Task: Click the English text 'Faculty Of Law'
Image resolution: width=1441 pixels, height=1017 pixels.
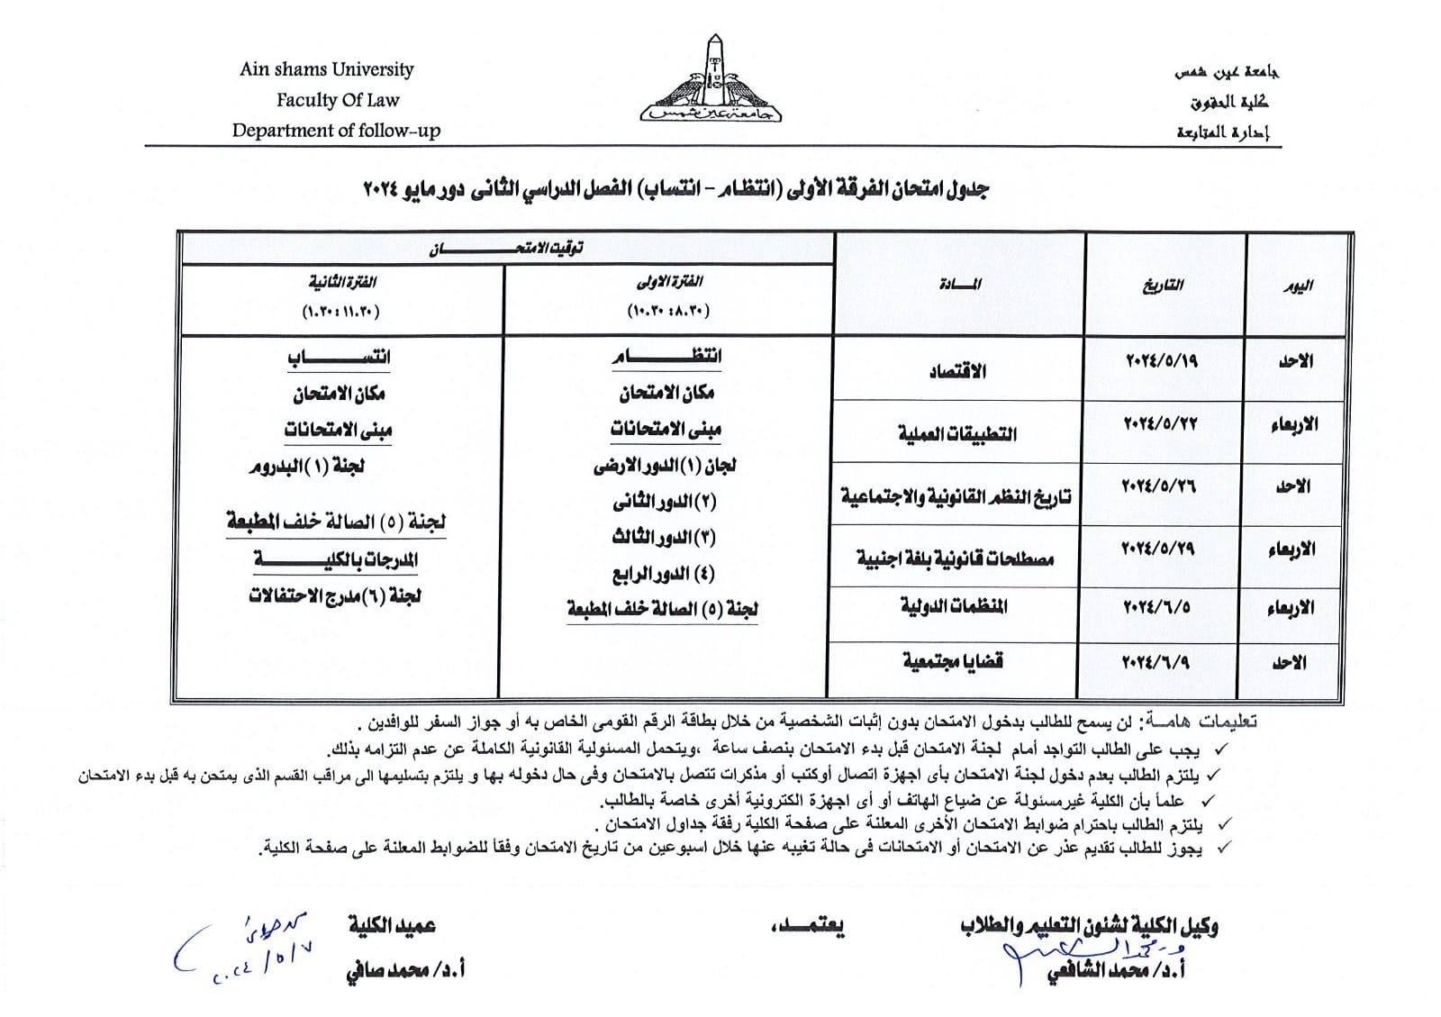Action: [337, 100]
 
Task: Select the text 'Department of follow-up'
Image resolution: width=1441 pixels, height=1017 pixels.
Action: [336, 131]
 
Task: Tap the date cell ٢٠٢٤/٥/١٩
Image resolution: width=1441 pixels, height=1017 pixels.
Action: [1162, 361]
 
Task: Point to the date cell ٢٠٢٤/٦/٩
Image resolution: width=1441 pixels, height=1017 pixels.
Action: [1156, 662]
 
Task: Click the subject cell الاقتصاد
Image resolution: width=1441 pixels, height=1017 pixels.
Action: [957, 371]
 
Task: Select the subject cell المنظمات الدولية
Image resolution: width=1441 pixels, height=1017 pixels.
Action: [954, 606]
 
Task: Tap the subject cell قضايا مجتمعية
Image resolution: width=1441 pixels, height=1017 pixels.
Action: [952, 661]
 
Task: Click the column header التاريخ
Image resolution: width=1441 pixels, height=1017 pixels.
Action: [1163, 286]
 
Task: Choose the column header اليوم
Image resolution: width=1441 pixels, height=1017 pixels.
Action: [1298, 286]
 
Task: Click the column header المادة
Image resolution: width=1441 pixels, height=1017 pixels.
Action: [959, 285]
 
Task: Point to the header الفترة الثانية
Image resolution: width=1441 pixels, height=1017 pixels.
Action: [342, 283]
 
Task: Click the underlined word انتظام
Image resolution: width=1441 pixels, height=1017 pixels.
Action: [667, 357]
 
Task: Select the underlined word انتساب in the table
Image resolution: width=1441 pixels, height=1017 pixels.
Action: [339, 358]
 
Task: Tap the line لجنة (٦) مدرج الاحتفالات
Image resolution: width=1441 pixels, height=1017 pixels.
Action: [335, 596]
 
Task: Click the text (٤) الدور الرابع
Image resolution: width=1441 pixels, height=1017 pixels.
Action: [664, 574]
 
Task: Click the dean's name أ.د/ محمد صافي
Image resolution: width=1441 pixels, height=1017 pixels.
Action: [405, 970]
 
